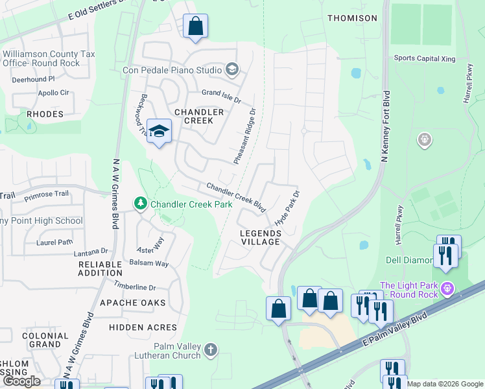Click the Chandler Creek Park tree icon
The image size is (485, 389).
click(x=141, y=204)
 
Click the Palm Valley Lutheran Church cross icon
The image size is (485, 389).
click(x=210, y=351)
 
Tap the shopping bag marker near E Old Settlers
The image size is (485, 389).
click(x=195, y=27)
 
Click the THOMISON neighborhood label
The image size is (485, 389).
click(x=352, y=18)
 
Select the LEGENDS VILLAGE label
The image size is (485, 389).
click(x=260, y=237)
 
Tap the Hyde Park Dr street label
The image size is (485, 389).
click(x=288, y=208)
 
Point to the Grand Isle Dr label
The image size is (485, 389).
click(x=221, y=96)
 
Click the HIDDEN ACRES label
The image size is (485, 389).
click(x=143, y=327)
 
